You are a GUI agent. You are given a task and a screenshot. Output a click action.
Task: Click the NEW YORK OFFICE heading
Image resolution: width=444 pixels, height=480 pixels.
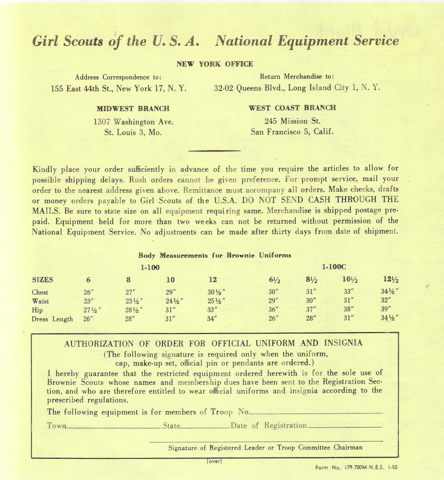click(214, 64)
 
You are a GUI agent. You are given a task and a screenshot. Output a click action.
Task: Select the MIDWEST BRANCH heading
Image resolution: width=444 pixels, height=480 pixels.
click(133, 109)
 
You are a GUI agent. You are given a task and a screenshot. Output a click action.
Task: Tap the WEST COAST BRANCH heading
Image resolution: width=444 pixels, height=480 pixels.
click(292, 108)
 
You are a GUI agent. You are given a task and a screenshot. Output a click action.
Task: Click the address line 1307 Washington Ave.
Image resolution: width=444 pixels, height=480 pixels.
click(133, 122)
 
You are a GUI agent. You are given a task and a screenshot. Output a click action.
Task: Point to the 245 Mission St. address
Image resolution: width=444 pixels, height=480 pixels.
click(292, 121)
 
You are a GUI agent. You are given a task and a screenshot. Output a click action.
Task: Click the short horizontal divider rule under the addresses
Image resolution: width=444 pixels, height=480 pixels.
click(214, 151)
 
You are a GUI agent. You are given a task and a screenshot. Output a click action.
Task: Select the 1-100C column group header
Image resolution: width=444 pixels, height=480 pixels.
click(334, 267)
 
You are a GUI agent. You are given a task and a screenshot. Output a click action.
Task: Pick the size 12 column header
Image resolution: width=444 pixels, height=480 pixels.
click(213, 280)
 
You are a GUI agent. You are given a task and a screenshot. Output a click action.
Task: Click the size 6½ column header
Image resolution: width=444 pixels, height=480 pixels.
click(274, 280)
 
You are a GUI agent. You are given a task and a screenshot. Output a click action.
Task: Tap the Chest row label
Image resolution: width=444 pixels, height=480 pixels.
click(40, 292)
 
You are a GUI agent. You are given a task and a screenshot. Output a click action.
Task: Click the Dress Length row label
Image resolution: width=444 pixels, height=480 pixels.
click(52, 319)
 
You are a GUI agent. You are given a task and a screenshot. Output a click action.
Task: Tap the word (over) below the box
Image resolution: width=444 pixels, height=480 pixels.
click(214, 461)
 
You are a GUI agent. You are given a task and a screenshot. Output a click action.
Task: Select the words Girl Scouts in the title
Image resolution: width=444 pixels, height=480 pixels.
click(68, 41)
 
